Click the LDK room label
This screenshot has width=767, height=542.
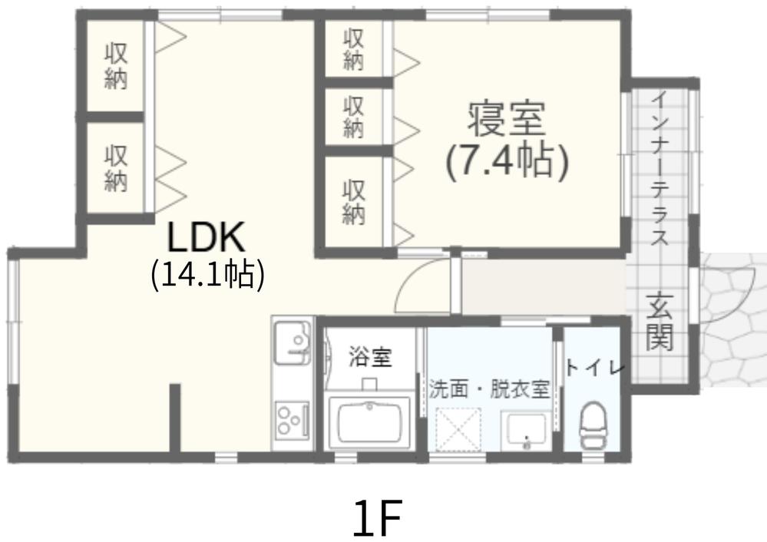(206, 239)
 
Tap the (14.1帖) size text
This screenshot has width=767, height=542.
(207, 274)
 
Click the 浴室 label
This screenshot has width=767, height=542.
(370, 357)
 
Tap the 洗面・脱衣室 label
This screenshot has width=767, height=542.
(489, 388)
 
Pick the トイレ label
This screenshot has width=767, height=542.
(595, 368)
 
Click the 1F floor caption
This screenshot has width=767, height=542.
(378, 518)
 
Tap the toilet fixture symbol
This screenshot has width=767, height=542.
(592, 425)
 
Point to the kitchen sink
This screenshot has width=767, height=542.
(292, 342)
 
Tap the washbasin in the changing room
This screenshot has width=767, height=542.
(526, 431)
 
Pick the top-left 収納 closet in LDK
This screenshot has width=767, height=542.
(116, 66)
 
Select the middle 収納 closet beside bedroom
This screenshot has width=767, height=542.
(353, 117)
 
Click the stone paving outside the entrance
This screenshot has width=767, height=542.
(733, 322)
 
